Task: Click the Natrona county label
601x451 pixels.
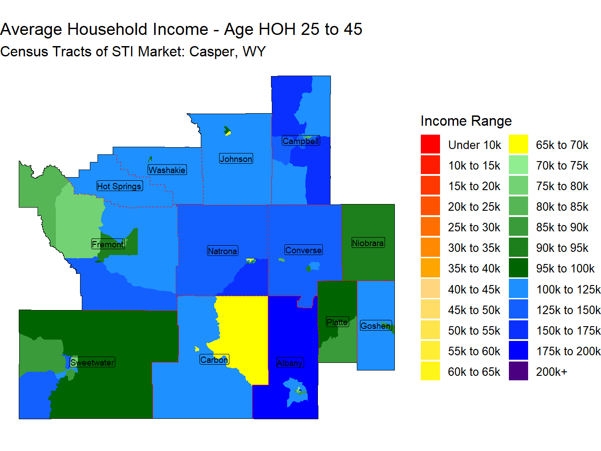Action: (222, 251)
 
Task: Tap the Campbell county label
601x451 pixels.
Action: (300, 141)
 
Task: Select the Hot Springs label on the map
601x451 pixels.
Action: (119, 186)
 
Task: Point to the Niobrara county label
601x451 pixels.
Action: (368, 243)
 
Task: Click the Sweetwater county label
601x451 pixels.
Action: (92, 362)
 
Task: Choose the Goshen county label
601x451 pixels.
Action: (375, 325)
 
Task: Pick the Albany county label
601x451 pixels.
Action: (290, 362)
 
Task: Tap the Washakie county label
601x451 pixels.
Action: (167, 170)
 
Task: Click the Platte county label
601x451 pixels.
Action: (337, 322)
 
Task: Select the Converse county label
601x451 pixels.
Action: (303, 250)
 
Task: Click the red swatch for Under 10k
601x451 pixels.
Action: (430, 144)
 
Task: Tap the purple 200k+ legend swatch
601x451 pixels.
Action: (518, 371)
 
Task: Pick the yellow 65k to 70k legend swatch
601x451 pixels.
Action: (518, 144)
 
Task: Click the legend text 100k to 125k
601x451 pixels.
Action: (568, 289)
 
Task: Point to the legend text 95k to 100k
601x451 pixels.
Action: (565, 268)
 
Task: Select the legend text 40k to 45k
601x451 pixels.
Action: (474, 289)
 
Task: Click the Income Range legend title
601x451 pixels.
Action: (466, 121)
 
